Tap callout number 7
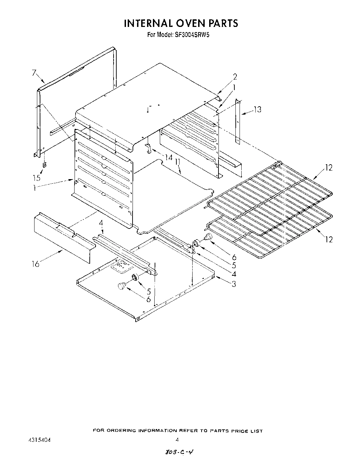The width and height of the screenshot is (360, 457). click(34, 72)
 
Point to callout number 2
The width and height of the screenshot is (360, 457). click(235, 77)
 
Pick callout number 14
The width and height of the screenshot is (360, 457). click(168, 157)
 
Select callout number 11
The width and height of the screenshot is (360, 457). click(177, 162)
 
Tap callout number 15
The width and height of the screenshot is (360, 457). click(37, 178)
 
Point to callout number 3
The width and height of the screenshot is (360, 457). click(234, 284)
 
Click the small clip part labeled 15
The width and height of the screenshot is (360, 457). click(44, 165)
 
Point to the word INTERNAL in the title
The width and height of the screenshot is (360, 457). click(149, 23)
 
